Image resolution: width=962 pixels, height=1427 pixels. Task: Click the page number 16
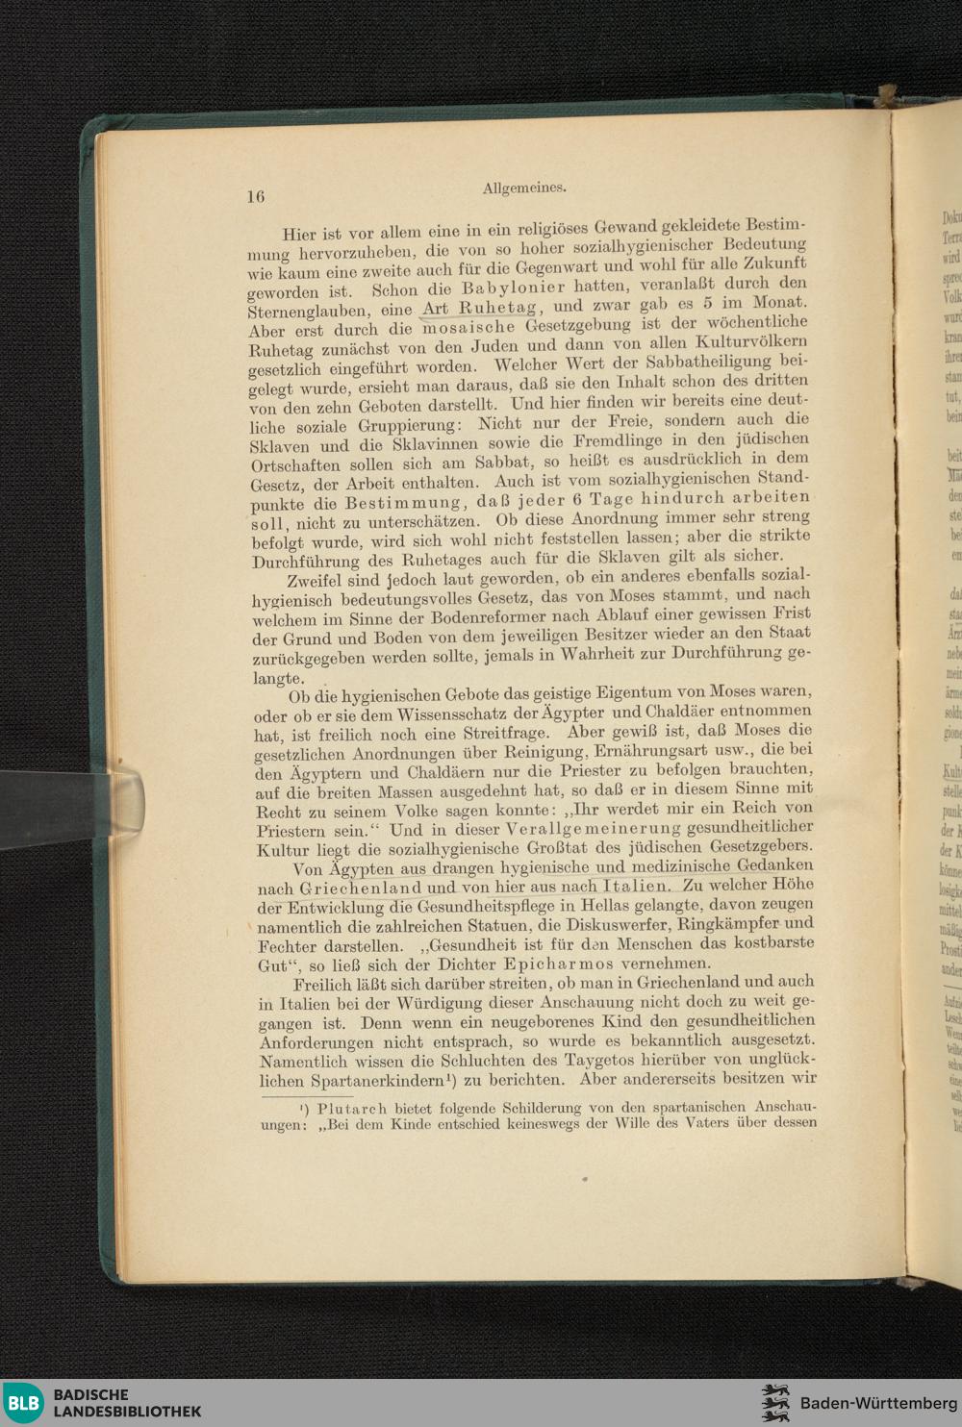255,196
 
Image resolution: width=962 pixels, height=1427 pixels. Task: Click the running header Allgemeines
523,188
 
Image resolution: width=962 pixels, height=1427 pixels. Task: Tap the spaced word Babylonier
514,288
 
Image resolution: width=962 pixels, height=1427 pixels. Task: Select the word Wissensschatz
444,713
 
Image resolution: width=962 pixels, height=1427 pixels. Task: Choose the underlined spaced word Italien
635,886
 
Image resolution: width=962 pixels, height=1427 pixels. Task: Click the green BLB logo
23,1403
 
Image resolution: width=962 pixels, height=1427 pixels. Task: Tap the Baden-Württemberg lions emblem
774,1403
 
